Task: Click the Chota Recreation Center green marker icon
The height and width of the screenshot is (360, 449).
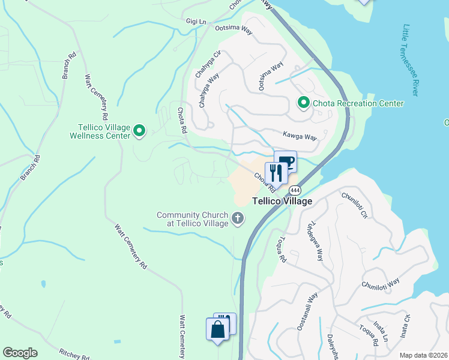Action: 303,103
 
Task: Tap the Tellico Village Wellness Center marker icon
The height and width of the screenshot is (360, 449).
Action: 139,130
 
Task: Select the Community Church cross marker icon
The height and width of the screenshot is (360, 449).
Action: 238,218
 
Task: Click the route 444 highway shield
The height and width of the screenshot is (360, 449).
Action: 295,190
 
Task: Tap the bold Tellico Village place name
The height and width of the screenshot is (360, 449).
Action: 282,202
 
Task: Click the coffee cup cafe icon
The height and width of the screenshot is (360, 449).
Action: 286,161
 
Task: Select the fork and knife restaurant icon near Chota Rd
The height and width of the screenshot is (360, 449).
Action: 276,173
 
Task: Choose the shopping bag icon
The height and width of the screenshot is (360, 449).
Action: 217,329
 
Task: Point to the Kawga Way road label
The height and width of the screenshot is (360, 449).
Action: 300,137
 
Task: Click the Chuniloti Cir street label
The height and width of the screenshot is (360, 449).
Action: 354,205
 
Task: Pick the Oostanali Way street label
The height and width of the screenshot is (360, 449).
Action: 307,311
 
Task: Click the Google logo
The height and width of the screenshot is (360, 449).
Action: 20,353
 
